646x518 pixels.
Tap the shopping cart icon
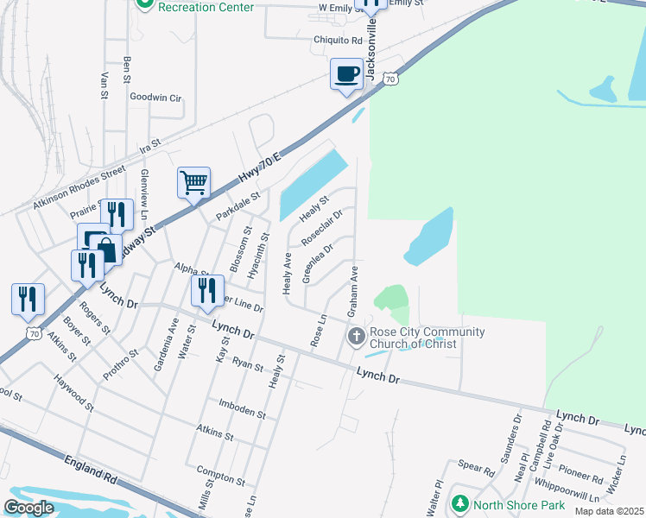click(x=194, y=182)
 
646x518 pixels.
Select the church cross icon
click(x=356, y=336)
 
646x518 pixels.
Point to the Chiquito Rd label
click(x=338, y=40)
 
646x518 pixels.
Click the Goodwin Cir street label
click(x=155, y=98)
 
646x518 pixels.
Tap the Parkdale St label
click(x=237, y=207)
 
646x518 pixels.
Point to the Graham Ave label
click(x=352, y=291)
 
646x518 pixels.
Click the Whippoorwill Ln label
click(x=567, y=490)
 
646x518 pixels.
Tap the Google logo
click(x=28, y=508)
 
